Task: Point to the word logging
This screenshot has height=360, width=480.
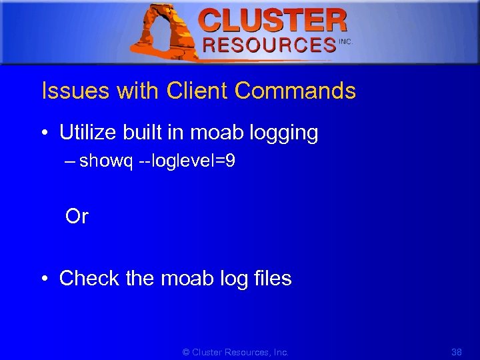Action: point(283,133)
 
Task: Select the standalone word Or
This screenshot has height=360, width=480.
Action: point(77,217)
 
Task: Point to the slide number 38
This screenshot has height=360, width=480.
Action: point(457,352)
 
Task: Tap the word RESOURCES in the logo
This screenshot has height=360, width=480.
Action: point(269,45)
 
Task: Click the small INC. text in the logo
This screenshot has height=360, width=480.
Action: point(345,41)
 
